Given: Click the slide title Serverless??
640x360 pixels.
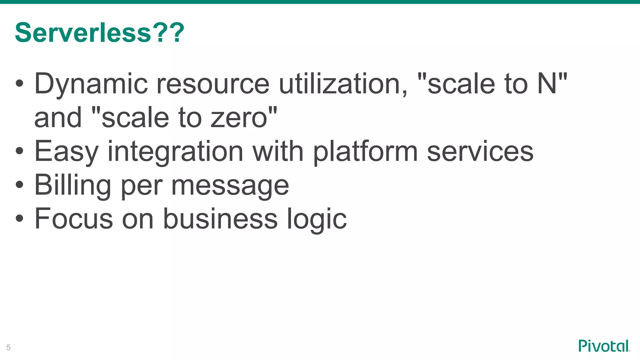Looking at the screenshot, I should pyautogui.click(x=99, y=33).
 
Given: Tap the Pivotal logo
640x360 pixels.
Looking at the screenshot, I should pyautogui.click(x=604, y=346).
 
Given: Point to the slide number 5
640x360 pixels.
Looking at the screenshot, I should pyautogui.click(x=8, y=347).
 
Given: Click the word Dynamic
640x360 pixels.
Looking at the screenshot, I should pyautogui.click(x=91, y=84).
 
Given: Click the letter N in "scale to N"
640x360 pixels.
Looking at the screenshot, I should pyautogui.click(x=547, y=84).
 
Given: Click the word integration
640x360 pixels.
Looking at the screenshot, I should pyautogui.click(x=175, y=152).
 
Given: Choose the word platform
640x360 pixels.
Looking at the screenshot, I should pyautogui.click(x=365, y=152).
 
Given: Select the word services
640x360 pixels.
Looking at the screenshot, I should pyautogui.click(x=480, y=152).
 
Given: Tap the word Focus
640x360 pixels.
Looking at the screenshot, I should pyautogui.click(x=73, y=219).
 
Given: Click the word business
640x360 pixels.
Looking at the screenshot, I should pyautogui.click(x=220, y=219).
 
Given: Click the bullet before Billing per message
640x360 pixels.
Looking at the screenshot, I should pyautogui.click(x=19, y=184).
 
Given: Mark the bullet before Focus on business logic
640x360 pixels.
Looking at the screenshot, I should pyautogui.click(x=19, y=218).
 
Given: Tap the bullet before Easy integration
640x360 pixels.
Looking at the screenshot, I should pyautogui.click(x=19, y=151).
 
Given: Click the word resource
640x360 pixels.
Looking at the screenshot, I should pyautogui.click(x=212, y=84).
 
